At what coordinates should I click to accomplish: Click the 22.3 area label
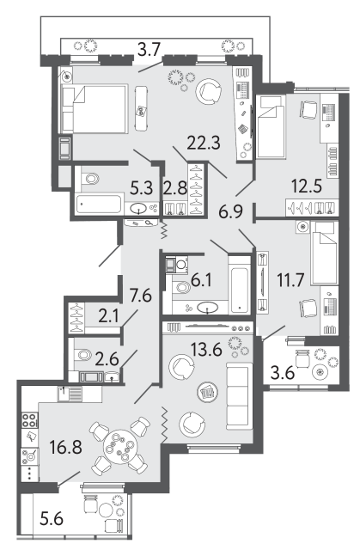[x=204, y=143]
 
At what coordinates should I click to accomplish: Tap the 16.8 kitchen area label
[x=66, y=447]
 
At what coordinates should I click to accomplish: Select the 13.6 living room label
[x=206, y=350]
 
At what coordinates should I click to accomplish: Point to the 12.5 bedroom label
[x=307, y=186]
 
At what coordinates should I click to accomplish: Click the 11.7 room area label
[x=290, y=280]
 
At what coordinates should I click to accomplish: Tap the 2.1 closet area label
[x=108, y=317]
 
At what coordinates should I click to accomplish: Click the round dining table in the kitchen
[x=120, y=447]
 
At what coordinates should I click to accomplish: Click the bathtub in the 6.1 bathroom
[x=239, y=284]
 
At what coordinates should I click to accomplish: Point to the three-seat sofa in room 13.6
[x=239, y=396]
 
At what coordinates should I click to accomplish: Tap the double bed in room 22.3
[x=94, y=109]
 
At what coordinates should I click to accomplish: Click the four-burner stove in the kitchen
[x=30, y=420]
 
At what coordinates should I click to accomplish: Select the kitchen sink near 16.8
[x=70, y=394]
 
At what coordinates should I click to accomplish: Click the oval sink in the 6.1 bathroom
[x=207, y=308]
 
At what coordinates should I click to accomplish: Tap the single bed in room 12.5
[x=271, y=127]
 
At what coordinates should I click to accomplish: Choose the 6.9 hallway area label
[x=230, y=212]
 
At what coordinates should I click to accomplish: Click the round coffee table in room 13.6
[x=207, y=392]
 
